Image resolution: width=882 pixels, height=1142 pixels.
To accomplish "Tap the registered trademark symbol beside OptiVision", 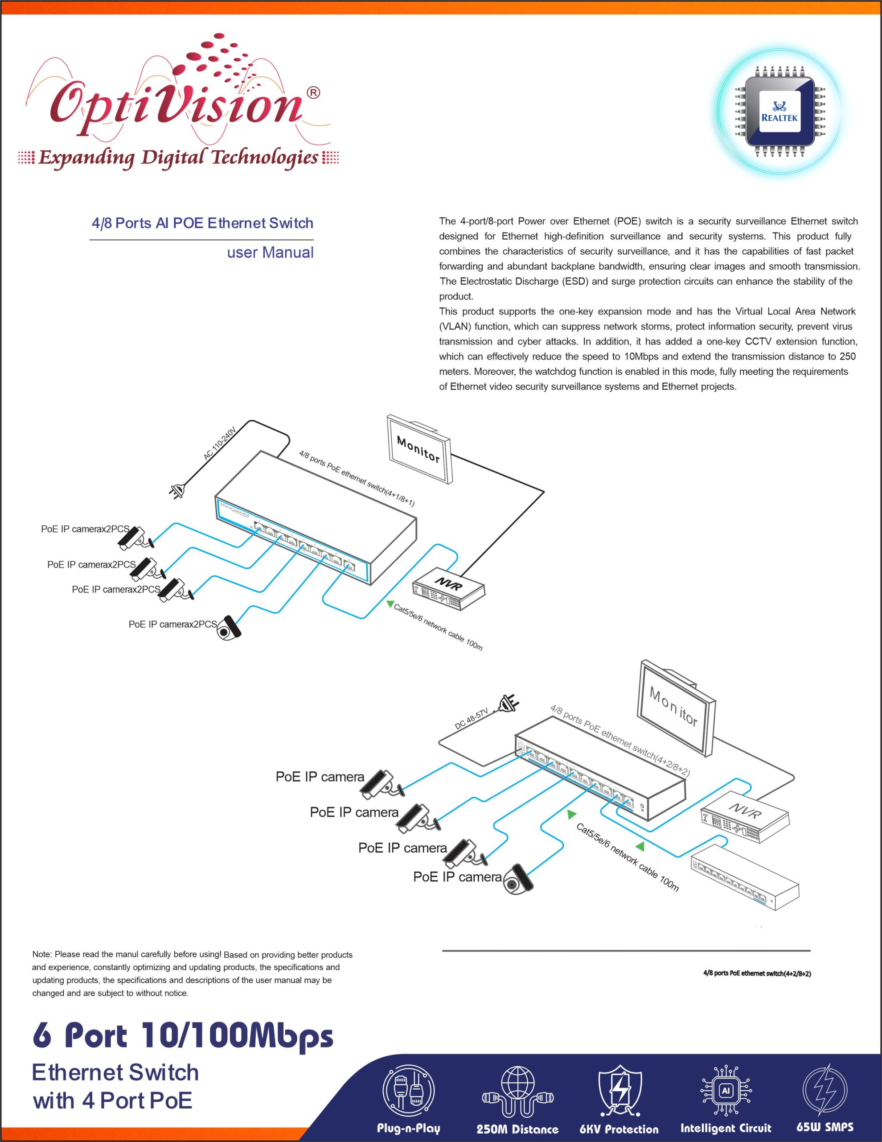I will (x=313, y=93).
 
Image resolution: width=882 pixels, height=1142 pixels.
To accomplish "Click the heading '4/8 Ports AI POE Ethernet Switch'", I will (x=202, y=223).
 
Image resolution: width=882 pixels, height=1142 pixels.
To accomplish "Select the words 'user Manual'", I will (x=270, y=252).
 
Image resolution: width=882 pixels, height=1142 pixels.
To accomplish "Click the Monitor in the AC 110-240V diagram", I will (x=419, y=449).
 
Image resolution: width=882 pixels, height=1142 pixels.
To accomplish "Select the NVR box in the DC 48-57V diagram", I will (x=745, y=816).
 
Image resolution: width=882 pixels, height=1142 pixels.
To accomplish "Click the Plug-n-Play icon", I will (x=408, y=1091).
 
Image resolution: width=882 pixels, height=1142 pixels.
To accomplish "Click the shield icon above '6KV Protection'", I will (x=619, y=1091).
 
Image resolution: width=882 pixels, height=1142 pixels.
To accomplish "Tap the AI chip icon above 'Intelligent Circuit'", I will (x=725, y=1091).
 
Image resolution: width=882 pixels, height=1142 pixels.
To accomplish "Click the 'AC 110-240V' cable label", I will (x=220, y=443).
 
